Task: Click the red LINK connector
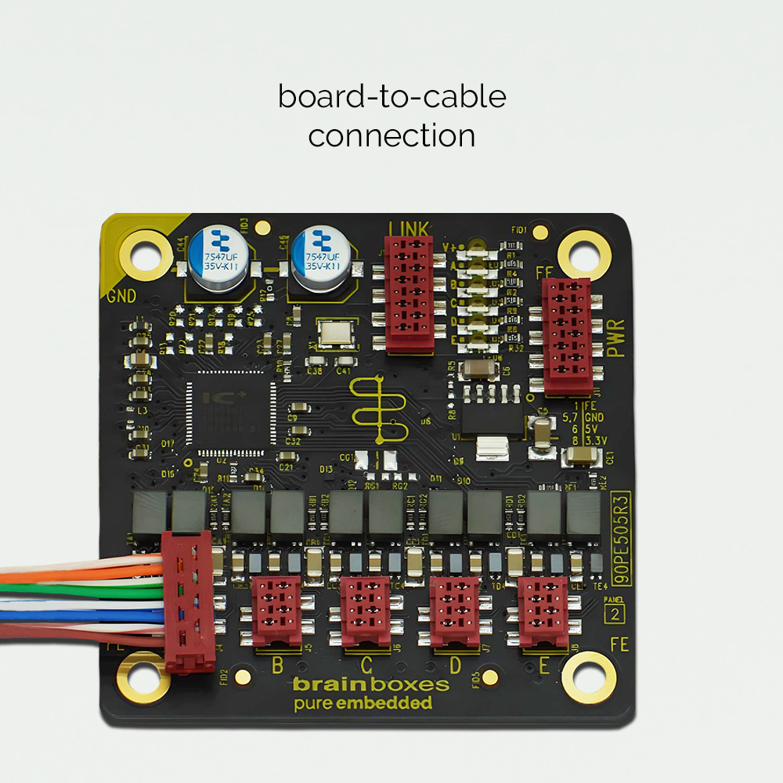pyautogui.click(x=409, y=294)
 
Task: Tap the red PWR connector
pyautogui.click(x=567, y=337)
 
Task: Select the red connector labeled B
pyautogui.click(x=276, y=611)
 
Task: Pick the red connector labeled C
pyautogui.click(x=365, y=611)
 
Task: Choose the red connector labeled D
pyautogui.click(x=454, y=611)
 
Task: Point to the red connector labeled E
pyautogui.click(x=543, y=611)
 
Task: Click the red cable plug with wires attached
pyautogui.click(x=188, y=599)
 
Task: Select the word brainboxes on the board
pyautogui.click(x=371, y=684)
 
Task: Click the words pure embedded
pyautogui.click(x=363, y=703)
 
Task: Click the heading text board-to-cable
pyautogui.click(x=391, y=97)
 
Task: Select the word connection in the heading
pyautogui.click(x=391, y=135)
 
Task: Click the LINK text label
pyautogui.click(x=408, y=229)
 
